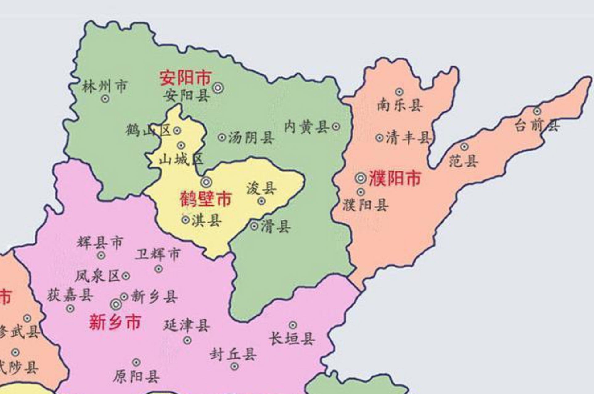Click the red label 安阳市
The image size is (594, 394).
tap(186, 78)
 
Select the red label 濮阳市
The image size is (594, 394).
tap(395, 178)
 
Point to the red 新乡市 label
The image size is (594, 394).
tap(115, 322)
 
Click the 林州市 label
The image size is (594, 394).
tap(105, 86)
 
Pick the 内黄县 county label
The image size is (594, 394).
tap(306, 127)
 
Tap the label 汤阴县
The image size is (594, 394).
tap(251, 137)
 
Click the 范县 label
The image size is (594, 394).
tap(463, 161)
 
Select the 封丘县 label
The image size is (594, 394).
tap(233, 354)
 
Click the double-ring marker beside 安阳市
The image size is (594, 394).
tap(218, 88)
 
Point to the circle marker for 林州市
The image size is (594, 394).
tap(105, 99)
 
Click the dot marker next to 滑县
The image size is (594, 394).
tap(254, 226)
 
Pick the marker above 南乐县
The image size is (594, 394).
tap(399, 92)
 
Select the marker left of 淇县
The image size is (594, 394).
tap(186, 220)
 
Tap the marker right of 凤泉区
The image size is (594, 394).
tap(126, 276)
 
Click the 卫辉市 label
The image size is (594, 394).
tap(158, 255)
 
